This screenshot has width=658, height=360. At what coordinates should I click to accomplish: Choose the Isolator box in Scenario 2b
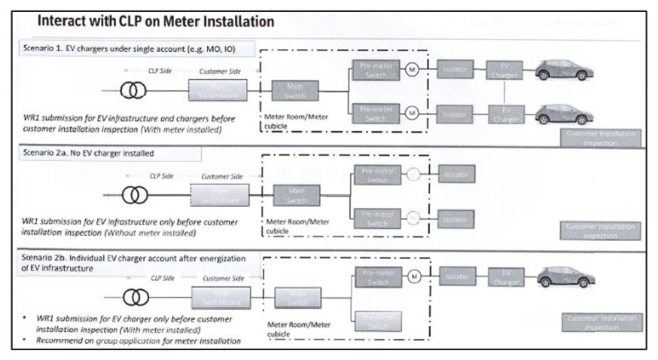pos(456,277)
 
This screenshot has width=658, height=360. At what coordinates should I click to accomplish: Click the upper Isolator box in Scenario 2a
pos(455,175)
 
